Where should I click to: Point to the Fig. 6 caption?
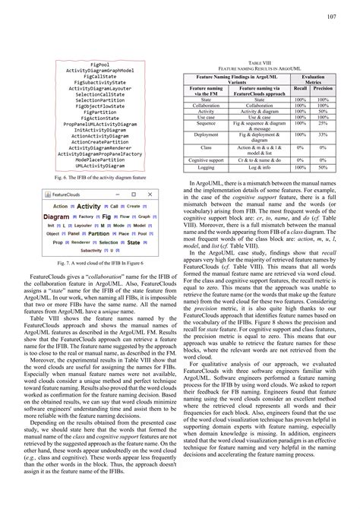point(103,177)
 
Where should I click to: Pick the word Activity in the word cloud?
point(89,206)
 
